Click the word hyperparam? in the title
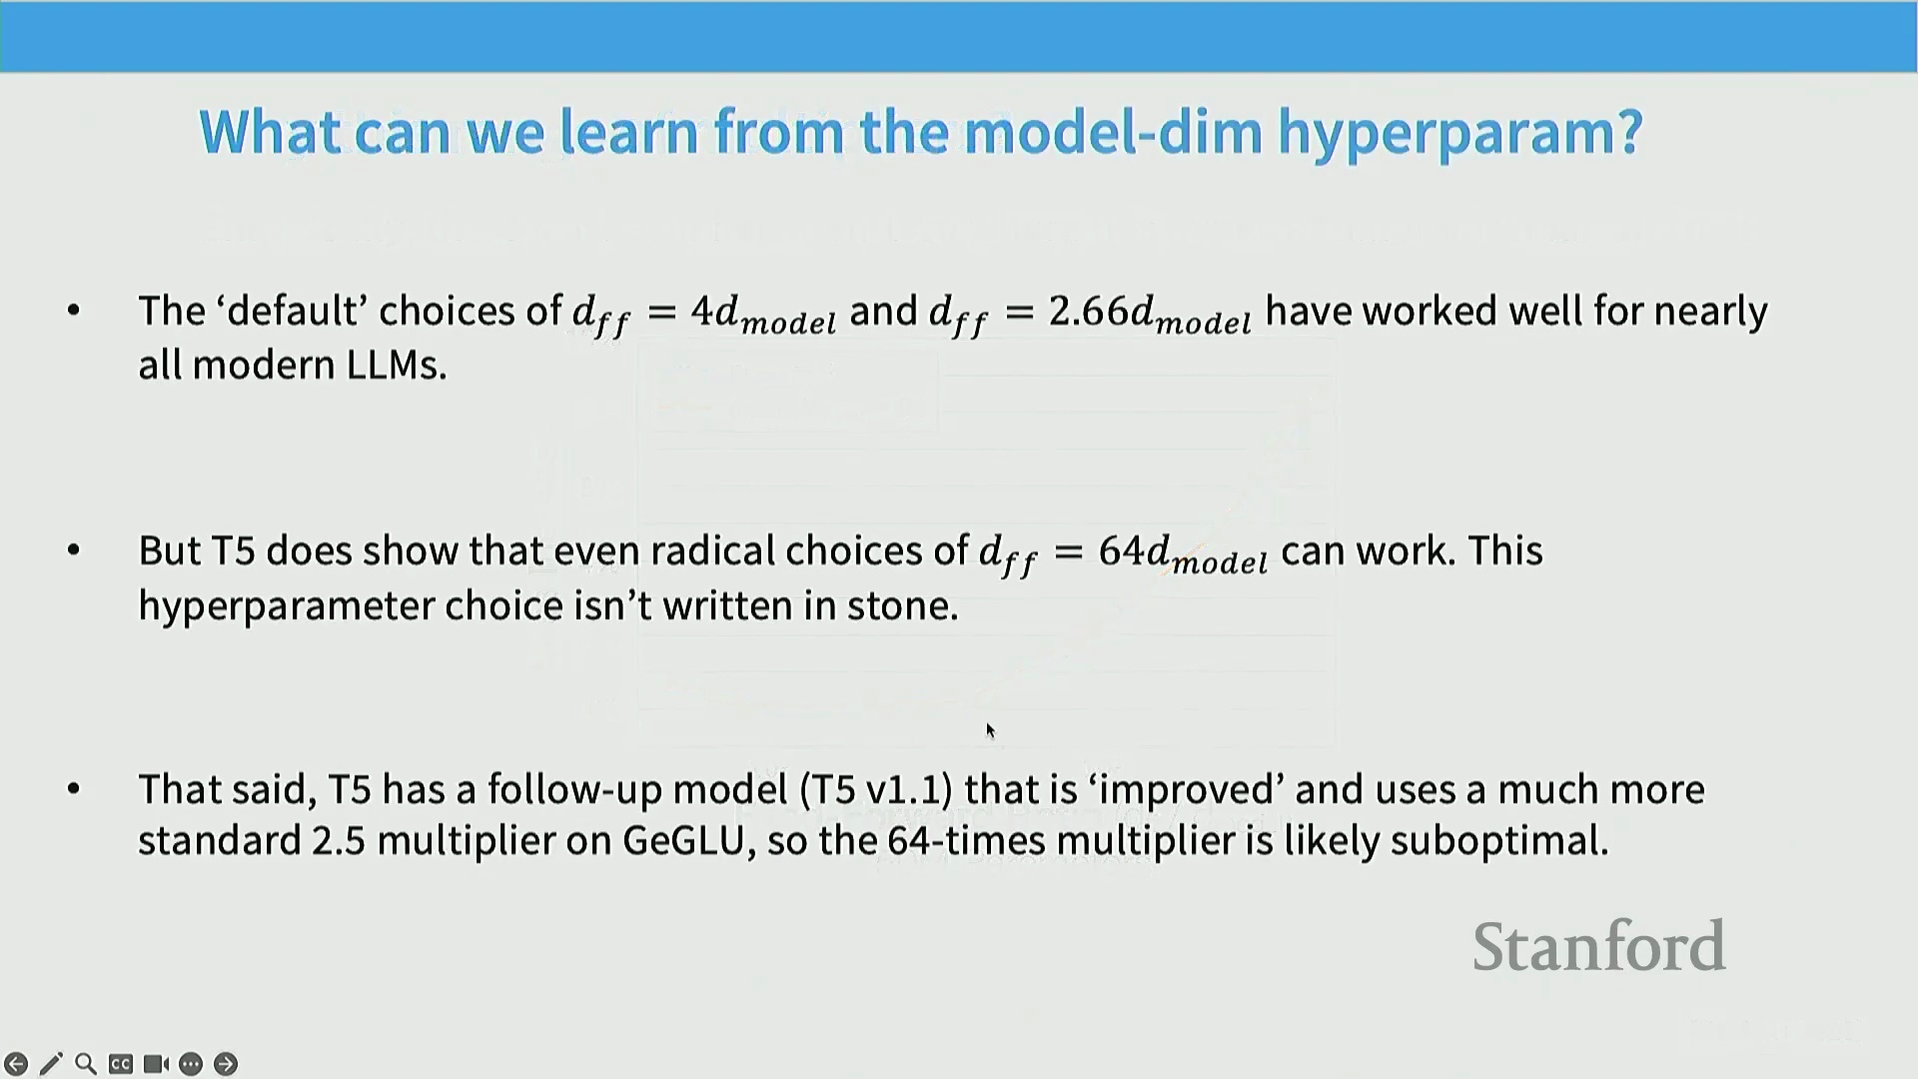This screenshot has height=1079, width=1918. [1460, 133]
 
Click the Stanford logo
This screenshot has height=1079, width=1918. [1598, 946]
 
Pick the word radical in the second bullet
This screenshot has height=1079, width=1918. [713, 550]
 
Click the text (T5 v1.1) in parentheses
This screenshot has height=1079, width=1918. [876, 789]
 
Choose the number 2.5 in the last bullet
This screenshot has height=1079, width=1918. [338, 841]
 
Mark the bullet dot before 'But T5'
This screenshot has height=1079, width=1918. [73, 549]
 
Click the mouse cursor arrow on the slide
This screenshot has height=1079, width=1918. [990, 731]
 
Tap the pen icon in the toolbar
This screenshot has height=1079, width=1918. [51, 1064]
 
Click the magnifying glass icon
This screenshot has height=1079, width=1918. [86, 1064]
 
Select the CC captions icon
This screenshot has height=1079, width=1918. [121, 1064]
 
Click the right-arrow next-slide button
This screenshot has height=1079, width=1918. [226, 1064]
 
